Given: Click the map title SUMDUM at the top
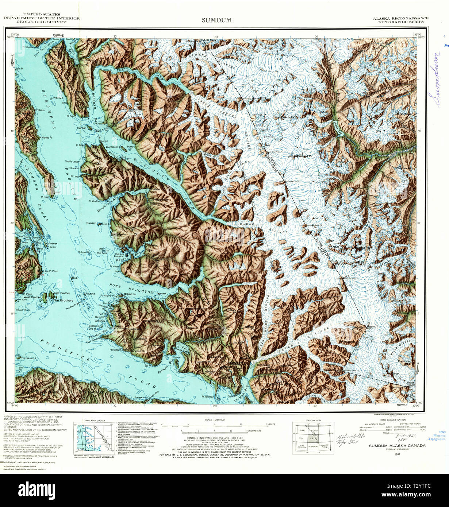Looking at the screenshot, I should pyautogui.click(x=216, y=20).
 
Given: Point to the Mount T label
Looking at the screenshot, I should pyautogui.click(x=373, y=326).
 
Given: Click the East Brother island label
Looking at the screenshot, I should pyautogui.click(x=62, y=293).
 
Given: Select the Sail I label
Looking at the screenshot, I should pyautogui.click(x=76, y=278).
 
